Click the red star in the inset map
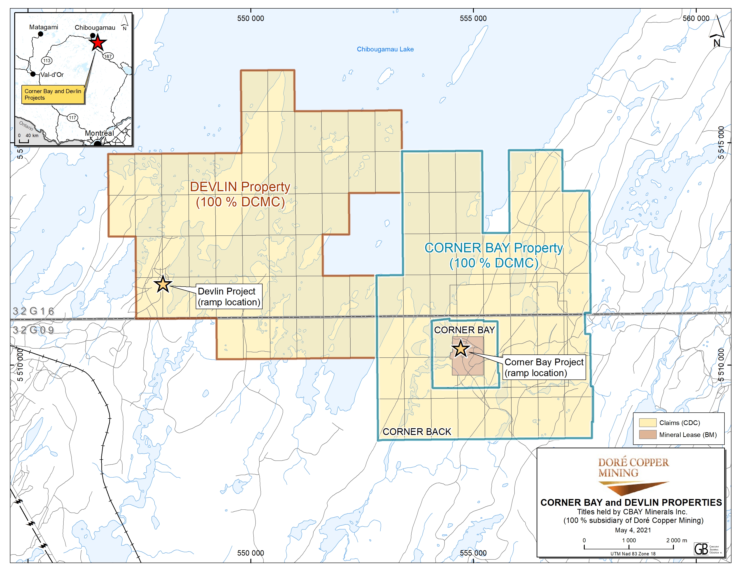click(x=98, y=43)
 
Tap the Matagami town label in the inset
click(x=44, y=27)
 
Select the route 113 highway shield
click(x=47, y=61)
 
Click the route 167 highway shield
click(x=108, y=56)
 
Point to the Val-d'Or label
click(x=52, y=75)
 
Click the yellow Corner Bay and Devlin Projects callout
click(x=53, y=94)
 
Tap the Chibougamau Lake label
click(x=385, y=49)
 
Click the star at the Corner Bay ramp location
click(x=461, y=348)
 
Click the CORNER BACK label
click(x=417, y=432)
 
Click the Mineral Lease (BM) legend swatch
click(x=647, y=435)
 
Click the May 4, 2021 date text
click(x=633, y=530)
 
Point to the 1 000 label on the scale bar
click(x=629, y=540)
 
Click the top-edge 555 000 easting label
click(x=473, y=18)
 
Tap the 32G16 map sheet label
click(x=33, y=311)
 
